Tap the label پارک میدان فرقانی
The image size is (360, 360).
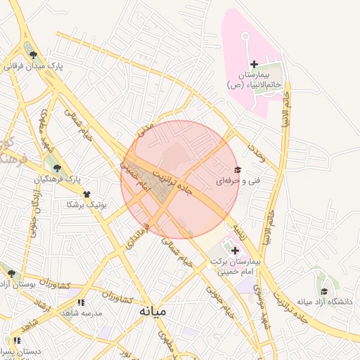33,67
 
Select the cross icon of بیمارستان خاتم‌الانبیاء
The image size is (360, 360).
254,65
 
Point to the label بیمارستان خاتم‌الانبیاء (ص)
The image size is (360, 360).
254,79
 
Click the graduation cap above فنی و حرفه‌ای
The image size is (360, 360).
237,169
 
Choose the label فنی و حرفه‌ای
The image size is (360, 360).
238,181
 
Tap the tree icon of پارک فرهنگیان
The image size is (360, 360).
57,168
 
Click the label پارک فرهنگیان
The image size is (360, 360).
57,179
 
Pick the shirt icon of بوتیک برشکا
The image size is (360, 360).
86,193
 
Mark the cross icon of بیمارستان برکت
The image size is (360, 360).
234,250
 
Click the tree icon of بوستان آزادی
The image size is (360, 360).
11,274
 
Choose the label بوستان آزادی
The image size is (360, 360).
18,285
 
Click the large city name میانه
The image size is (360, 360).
152,310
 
